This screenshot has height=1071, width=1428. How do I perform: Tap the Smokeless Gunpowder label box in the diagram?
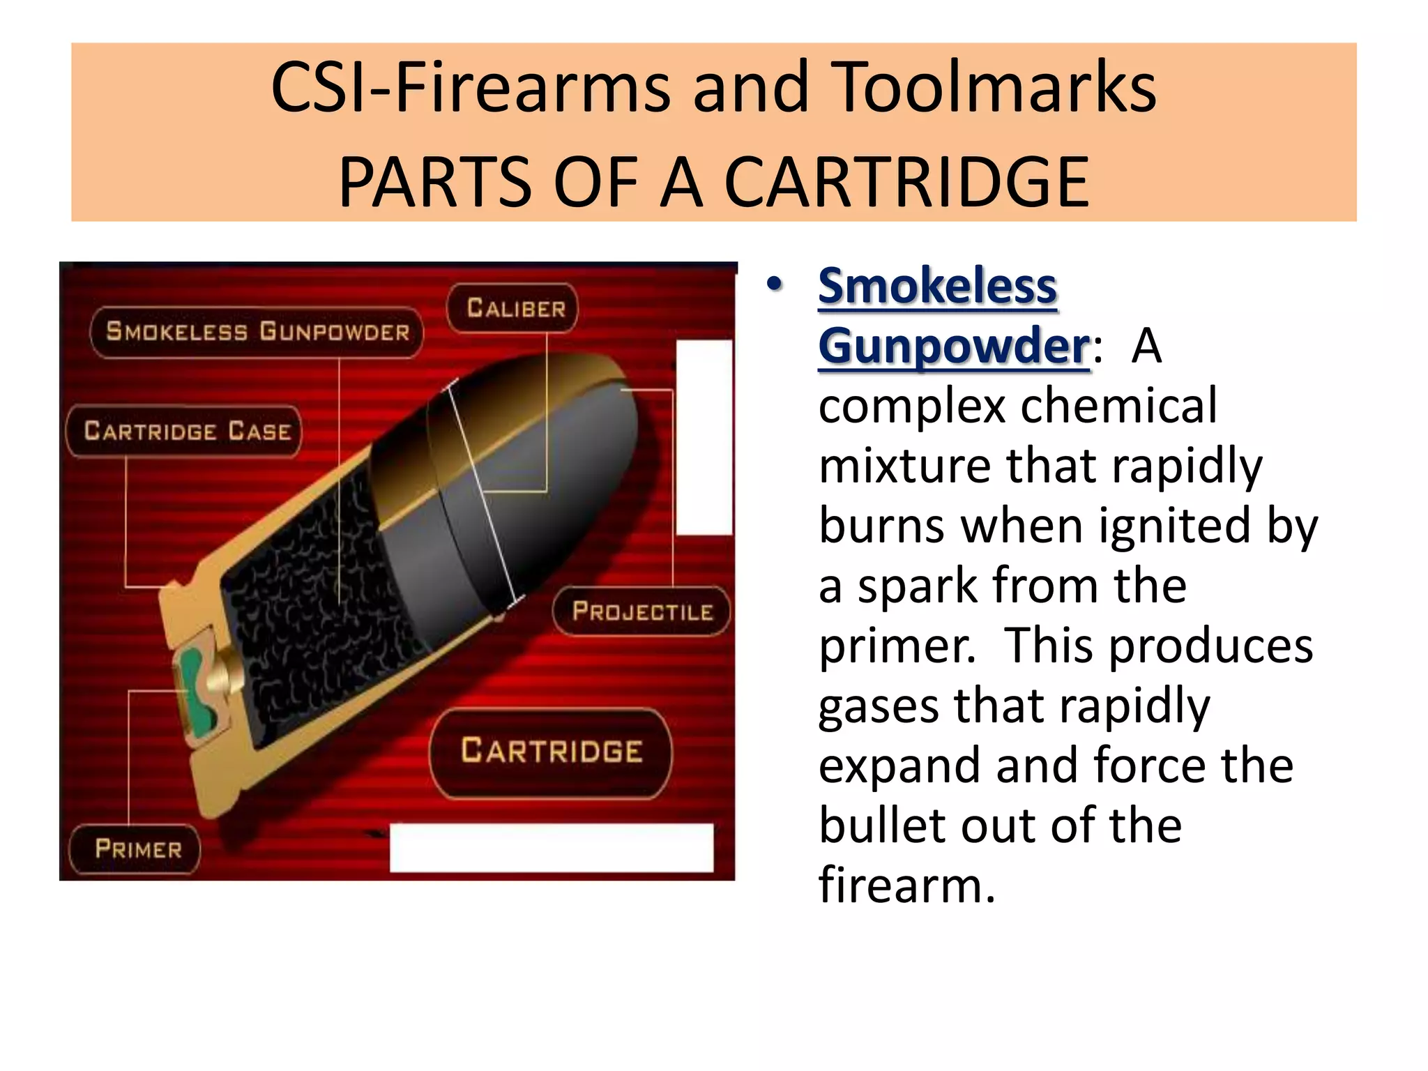tap(257, 332)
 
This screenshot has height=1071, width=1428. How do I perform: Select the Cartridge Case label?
tap(185, 431)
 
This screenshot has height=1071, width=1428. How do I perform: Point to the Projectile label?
tap(641, 612)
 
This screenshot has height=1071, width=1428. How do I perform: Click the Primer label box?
tap(137, 849)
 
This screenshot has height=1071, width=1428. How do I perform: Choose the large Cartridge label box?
tap(551, 752)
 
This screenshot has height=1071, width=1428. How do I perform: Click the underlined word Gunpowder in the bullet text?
tap(953, 346)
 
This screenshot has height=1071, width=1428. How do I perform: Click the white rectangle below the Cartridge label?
tap(551, 847)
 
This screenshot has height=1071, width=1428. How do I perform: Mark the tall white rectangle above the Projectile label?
tap(704, 438)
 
